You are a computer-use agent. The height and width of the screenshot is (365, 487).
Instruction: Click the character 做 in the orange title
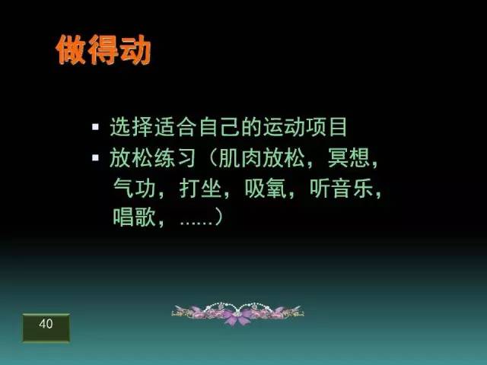pos(71,49)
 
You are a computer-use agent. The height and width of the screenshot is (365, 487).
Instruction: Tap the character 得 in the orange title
pos(103,49)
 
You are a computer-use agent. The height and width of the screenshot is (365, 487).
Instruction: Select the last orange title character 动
pos(135,49)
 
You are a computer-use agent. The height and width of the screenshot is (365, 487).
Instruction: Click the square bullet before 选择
pos(95,127)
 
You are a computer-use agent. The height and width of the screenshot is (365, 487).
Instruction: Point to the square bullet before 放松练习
pos(95,157)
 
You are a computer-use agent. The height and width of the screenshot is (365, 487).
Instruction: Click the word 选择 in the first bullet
pos(132,127)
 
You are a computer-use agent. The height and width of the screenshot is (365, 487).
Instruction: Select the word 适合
pos(175,127)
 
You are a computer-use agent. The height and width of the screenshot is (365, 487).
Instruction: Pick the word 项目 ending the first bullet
pos(326,127)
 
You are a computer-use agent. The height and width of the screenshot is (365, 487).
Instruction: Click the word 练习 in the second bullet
pos(175,157)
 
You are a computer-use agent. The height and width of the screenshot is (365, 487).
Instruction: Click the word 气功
pos(134,188)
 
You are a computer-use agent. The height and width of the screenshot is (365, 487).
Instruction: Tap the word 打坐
pos(200,188)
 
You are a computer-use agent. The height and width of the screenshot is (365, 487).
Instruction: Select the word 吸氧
pos(266,188)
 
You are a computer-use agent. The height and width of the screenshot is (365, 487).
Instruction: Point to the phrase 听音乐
pos(342,188)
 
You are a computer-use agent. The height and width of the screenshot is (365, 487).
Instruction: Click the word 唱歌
pos(134,217)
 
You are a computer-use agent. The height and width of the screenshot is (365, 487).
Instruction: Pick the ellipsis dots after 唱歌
pos(196,223)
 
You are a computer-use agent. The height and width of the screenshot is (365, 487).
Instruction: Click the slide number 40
pos(46,324)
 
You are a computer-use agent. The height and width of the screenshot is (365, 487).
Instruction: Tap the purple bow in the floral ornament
pos(237,316)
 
